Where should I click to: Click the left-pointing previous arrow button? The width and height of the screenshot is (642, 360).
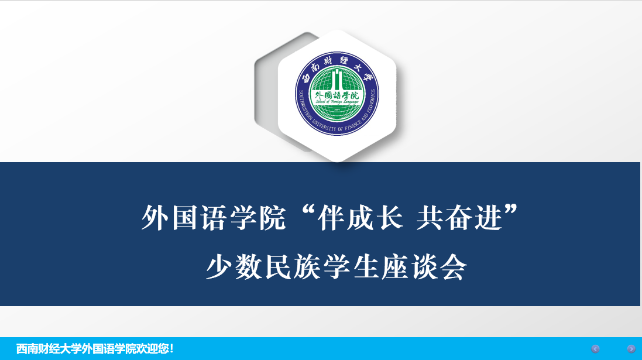[595, 349]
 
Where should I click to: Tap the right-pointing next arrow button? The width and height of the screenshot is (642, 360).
[631, 349]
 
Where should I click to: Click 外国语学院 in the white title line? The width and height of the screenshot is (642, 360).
[214, 218]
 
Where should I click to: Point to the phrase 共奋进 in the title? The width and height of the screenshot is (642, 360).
[459, 218]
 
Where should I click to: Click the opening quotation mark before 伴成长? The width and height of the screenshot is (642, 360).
[307, 211]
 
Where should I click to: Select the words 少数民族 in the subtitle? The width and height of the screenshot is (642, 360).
[263, 268]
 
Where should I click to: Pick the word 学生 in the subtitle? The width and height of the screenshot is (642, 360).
[351, 268]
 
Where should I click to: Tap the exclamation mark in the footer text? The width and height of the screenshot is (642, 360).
[172, 349]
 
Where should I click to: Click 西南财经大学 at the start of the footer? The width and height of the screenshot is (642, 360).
[49, 349]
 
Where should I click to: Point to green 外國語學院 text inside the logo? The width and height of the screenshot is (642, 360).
[337, 95]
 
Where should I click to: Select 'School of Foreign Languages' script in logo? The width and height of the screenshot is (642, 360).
[337, 102]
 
